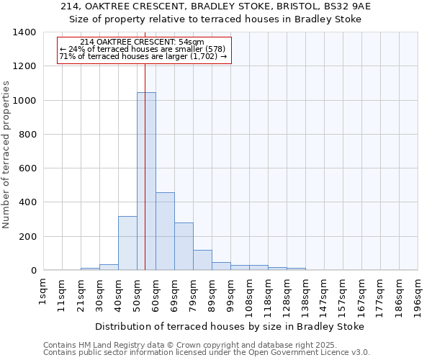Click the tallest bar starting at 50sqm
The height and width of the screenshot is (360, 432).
coord(146,181)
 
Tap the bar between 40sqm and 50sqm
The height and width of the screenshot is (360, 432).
coord(127,243)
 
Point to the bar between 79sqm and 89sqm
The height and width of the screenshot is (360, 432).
coord(202,260)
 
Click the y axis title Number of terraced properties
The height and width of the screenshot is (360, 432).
coord(7,154)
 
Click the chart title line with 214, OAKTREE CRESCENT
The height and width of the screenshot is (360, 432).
coord(216,6)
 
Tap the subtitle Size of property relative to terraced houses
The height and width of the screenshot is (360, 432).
coord(216,19)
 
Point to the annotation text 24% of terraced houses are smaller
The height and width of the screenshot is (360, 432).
coord(143,49)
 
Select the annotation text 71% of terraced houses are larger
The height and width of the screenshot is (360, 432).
coord(143,56)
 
